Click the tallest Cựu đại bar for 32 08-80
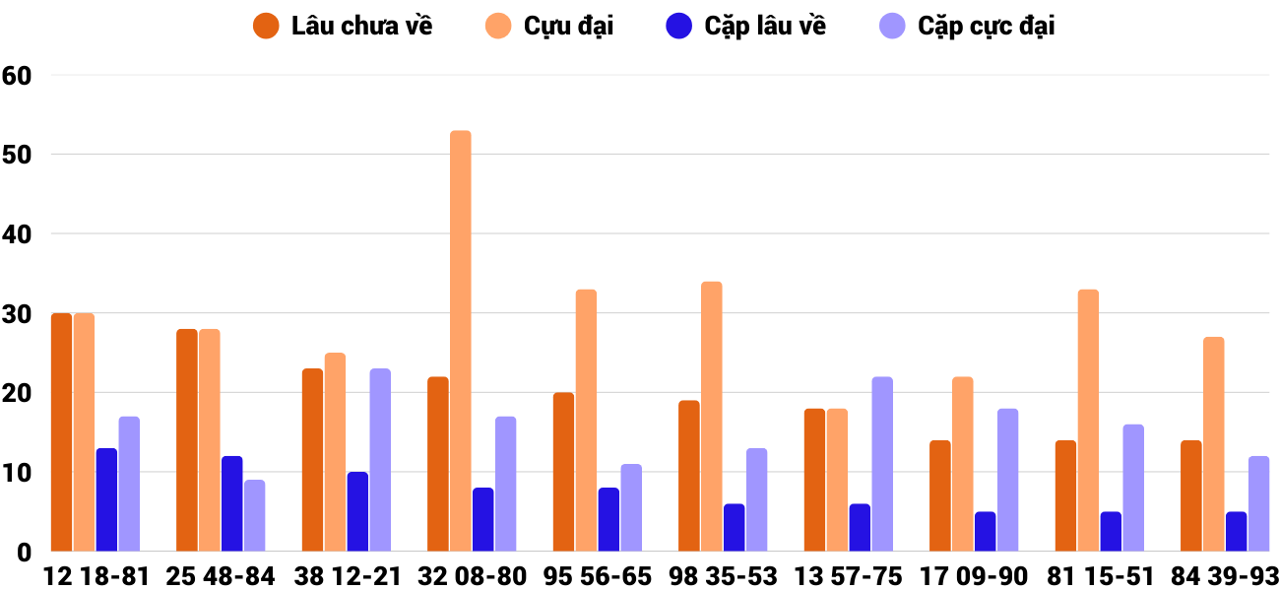[x=461, y=341]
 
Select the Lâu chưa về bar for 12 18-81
[x=61, y=432]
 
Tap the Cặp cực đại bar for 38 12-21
[x=380, y=460]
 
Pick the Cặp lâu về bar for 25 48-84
[x=231, y=503]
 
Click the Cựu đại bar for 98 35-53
[x=712, y=417]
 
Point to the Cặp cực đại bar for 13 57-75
[x=882, y=464]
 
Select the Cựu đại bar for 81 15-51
[x=1088, y=421]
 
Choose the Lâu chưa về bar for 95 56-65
[x=563, y=472]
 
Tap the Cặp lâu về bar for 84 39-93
[x=1237, y=532]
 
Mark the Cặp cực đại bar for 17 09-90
[x=1007, y=480]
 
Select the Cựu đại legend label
[x=568, y=27]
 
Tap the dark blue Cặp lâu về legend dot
[x=679, y=27]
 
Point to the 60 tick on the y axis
[x=18, y=75]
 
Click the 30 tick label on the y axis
[x=18, y=313]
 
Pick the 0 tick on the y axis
[x=25, y=553]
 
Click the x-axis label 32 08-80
[x=473, y=576]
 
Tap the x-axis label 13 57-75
[x=849, y=576]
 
